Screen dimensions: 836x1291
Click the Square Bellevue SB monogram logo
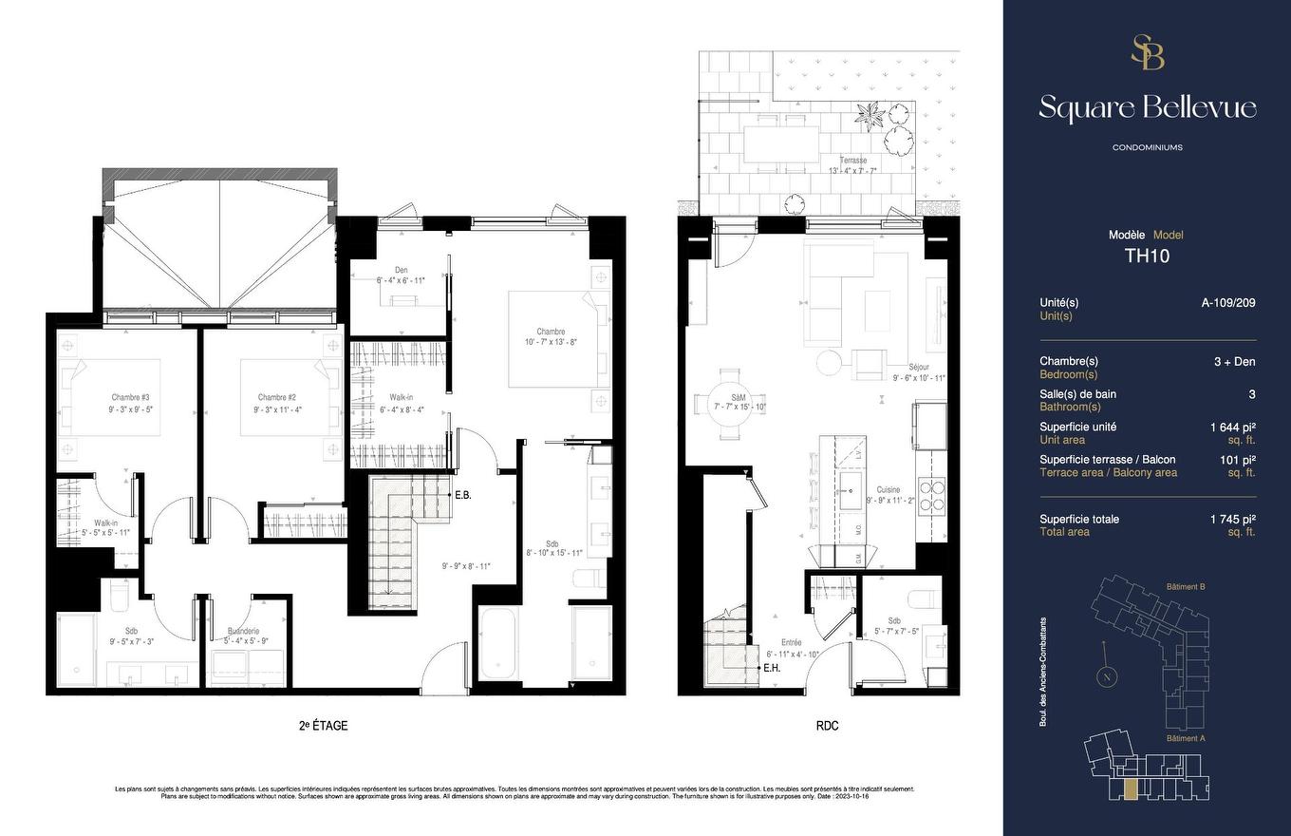point(1147,52)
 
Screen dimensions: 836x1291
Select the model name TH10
point(1146,255)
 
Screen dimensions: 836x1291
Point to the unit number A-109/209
point(1228,303)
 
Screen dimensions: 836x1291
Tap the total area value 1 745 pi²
point(1232,519)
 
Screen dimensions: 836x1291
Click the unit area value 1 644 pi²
point(1232,427)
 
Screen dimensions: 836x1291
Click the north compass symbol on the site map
point(1106,676)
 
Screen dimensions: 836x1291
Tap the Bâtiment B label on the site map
point(1185,587)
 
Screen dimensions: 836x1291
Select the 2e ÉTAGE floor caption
point(323,726)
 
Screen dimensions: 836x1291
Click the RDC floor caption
point(826,726)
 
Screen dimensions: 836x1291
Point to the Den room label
point(401,270)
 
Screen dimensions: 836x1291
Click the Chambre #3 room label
point(130,397)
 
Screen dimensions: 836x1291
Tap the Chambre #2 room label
point(277,397)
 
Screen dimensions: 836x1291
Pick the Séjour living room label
point(918,367)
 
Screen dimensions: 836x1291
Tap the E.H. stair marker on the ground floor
point(773,668)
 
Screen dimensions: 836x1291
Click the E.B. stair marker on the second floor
point(463,495)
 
